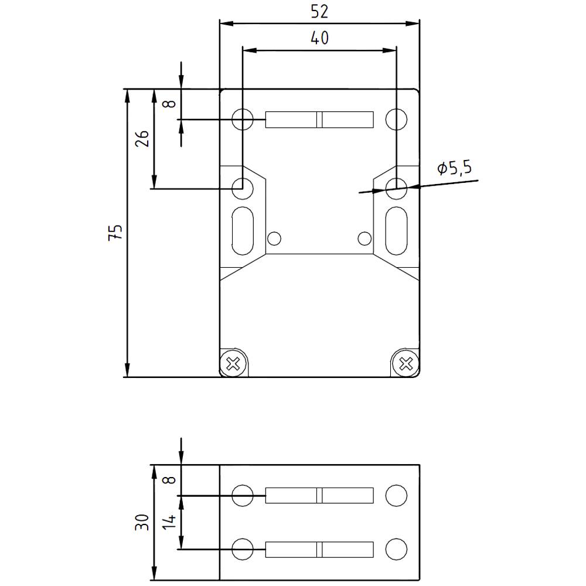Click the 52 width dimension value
(x=319, y=11)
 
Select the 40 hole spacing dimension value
(x=319, y=39)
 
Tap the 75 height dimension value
(x=117, y=233)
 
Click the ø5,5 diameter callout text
(x=454, y=169)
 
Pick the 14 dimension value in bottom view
(x=169, y=522)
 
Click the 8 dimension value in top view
(x=169, y=104)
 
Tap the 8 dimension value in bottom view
(x=169, y=480)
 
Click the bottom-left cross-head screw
(x=233, y=364)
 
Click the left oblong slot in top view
(x=242, y=231)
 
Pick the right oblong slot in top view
(x=397, y=231)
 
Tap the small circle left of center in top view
(x=274, y=238)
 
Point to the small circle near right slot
(x=364, y=238)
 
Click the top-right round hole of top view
(x=397, y=120)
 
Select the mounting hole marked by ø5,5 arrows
(x=397, y=187)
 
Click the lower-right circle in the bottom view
(x=397, y=550)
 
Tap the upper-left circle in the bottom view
(x=242, y=495)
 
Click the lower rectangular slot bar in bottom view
(x=319, y=550)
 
